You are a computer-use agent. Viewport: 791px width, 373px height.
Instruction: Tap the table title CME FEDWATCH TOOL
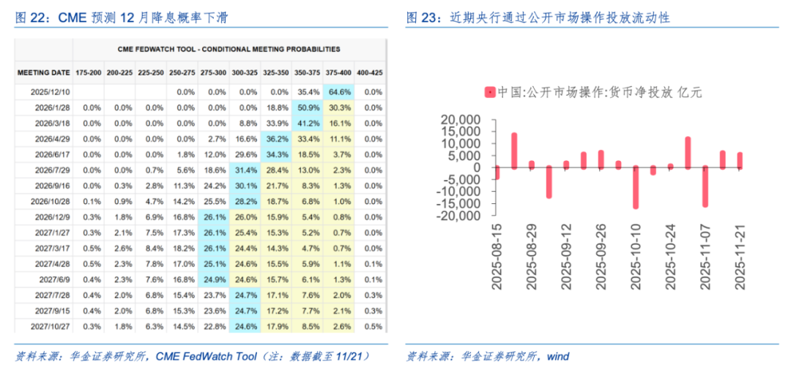click(x=229, y=50)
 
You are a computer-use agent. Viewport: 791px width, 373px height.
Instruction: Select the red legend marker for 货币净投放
click(x=489, y=92)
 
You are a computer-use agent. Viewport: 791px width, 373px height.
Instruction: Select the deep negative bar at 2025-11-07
click(x=705, y=186)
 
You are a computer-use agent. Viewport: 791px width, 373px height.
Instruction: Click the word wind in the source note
click(x=557, y=356)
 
